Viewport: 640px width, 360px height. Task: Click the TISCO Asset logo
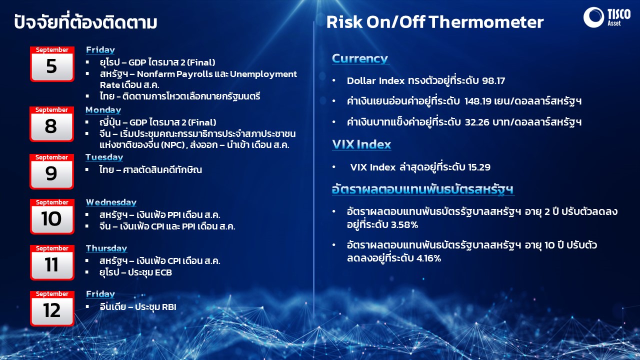pyautogui.click(x=607, y=17)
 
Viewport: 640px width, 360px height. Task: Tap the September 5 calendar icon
pyautogui.click(x=52, y=64)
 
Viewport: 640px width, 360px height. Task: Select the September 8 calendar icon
pyautogui.click(x=51, y=124)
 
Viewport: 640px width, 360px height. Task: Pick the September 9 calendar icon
pyautogui.click(x=51, y=171)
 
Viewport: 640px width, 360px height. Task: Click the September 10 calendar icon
pyautogui.click(x=52, y=216)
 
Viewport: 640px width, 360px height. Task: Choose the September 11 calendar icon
pyautogui.click(x=52, y=262)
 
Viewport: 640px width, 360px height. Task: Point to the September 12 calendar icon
pyautogui.click(x=52, y=308)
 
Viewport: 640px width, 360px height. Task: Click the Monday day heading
pyautogui.click(x=103, y=110)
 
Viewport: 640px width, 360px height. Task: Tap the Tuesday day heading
pyautogui.click(x=104, y=157)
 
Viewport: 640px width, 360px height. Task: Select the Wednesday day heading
pyautogui.click(x=111, y=202)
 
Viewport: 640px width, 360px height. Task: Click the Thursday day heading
pyautogui.click(x=106, y=248)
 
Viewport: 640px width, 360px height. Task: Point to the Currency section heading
pyautogui.click(x=360, y=58)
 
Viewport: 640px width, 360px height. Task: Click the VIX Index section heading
pyautogui.click(x=361, y=144)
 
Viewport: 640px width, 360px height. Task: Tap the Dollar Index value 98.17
pyautogui.click(x=493, y=81)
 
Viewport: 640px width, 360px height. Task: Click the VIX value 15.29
pyautogui.click(x=479, y=167)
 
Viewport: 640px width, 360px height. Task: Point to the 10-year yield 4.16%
pyautogui.click(x=428, y=258)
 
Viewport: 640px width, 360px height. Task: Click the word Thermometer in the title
pyautogui.click(x=486, y=22)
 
